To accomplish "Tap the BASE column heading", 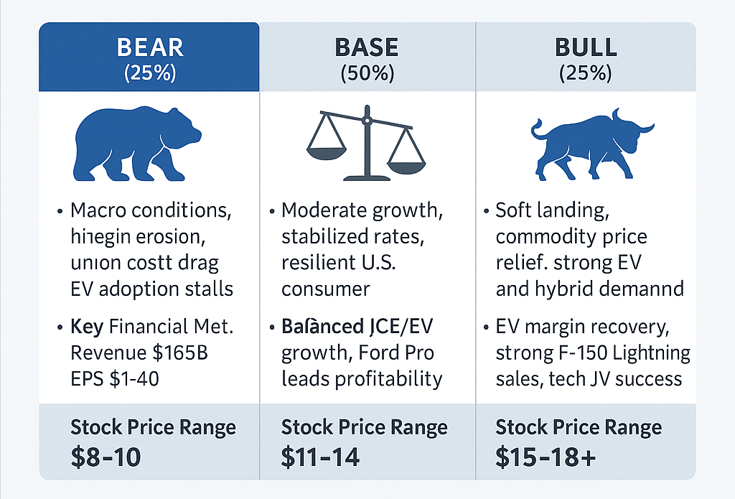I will tap(367, 49).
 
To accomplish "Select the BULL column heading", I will tap(586, 49).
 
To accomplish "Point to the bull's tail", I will tap(537, 130).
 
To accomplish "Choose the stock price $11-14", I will tap(320, 457).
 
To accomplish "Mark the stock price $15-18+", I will tap(546, 457).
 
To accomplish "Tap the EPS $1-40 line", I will tap(115, 378).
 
